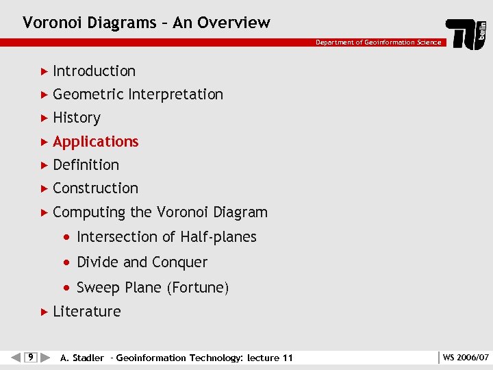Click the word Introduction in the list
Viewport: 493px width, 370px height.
[x=94, y=71]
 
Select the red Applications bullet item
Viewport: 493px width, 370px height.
[x=95, y=142]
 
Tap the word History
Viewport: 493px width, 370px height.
[x=76, y=118]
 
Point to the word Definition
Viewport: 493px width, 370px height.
[x=86, y=165]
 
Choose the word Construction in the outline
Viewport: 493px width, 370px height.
[x=95, y=188]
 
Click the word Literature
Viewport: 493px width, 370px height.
[x=86, y=312]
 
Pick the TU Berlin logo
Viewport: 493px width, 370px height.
[x=466, y=34]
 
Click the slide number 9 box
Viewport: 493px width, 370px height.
[x=30, y=357]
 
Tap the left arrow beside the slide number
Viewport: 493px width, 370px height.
[x=16, y=357]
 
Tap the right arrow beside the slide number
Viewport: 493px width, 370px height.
[x=45, y=357]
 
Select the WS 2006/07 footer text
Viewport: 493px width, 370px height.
[x=466, y=358]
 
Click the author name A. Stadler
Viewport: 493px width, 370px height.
[x=82, y=358]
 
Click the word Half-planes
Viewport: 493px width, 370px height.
[x=218, y=237]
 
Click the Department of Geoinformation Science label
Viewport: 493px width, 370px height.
[x=378, y=42]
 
